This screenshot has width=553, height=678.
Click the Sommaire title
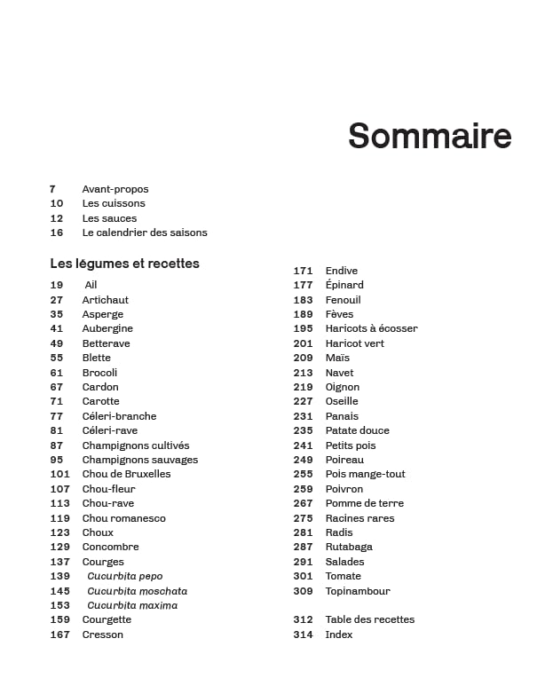coord(430,136)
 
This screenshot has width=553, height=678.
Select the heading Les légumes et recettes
coord(124,264)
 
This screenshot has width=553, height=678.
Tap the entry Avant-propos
coord(115,189)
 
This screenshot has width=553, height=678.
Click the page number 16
coord(57,233)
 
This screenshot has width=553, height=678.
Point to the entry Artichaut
coord(106,300)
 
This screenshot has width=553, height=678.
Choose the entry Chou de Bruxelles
coord(126,474)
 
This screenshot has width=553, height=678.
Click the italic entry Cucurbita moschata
coord(137,591)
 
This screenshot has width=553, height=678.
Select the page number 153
coord(59,605)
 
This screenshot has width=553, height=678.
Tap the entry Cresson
coord(103,635)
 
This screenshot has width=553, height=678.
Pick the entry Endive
coord(342,271)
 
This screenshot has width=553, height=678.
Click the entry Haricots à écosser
coord(371,328)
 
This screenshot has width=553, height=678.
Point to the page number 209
coord(303,358)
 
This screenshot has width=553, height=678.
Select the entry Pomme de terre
coord(364,503)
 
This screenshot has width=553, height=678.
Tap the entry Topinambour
coord(358,591)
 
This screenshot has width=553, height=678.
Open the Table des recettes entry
coord(369,619)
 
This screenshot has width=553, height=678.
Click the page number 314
coord(303,635)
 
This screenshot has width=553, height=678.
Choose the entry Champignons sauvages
coord(140,460)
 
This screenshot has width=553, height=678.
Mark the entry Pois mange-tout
coord(365,474)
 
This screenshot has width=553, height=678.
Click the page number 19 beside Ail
coord(57,285)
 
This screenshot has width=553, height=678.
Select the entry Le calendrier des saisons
coord(145,233)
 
